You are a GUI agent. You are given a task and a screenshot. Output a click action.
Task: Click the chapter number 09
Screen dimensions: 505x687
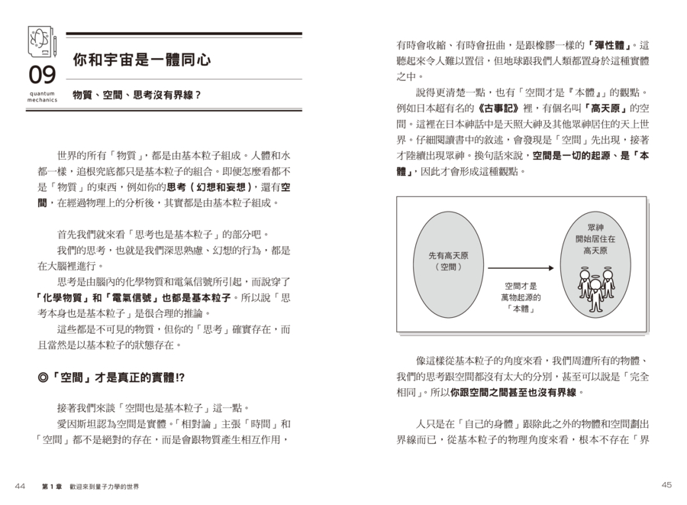tap(42, 75)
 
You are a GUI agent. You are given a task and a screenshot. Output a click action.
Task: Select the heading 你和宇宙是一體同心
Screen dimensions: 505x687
tap(141, 59)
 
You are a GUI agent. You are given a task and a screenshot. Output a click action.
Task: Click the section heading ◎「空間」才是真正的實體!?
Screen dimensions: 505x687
tap(111, 377)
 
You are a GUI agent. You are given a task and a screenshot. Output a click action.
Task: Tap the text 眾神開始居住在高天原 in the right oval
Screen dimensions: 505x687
tap(595, 239)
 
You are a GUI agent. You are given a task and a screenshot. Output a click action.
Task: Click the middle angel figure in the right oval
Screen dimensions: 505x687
tap(595, 287)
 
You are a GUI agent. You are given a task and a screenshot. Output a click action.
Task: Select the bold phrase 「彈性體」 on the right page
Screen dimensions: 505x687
tap(616, 46)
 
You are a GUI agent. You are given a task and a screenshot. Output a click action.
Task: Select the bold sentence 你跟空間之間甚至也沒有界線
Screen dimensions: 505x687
tap(516, 393)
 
